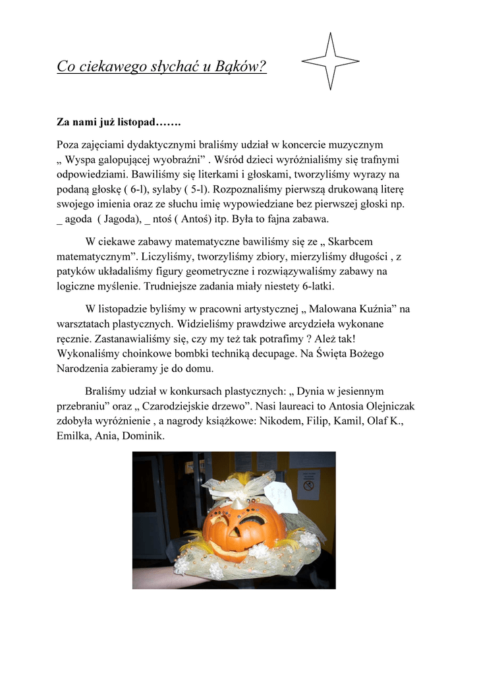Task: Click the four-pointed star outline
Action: coord(331,61)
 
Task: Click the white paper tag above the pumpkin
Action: coord(281,496)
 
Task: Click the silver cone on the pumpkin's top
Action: coord(237,504)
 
